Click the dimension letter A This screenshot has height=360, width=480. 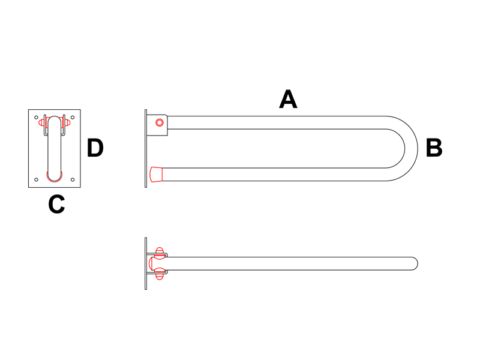(288, 99)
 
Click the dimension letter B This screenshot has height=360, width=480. (434, 148)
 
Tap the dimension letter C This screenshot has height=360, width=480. (56, 204)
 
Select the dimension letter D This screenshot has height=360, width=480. (95, 148)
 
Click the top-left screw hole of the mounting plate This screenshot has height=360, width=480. (36, 117)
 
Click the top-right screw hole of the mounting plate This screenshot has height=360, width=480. (73, 117)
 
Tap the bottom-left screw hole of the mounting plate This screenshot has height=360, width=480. (36, 179)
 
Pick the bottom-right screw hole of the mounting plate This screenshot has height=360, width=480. (73, 179)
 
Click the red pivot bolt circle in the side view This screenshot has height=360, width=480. (160, 123)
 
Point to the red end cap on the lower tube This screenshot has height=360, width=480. (156, 175)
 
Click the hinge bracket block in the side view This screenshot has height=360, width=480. (157, 125)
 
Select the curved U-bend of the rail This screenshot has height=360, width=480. (402, 148)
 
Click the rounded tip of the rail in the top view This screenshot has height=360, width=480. (414, 263)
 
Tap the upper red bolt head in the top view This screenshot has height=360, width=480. (160, 253)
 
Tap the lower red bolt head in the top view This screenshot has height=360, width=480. (160, 274)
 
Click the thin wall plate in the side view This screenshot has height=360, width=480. (146, 148)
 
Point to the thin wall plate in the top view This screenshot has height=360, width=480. (146, 263)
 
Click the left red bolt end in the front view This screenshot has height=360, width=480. (42, 123)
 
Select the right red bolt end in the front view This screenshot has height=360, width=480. (67, 123)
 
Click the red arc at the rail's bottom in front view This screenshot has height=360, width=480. (55, 177)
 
